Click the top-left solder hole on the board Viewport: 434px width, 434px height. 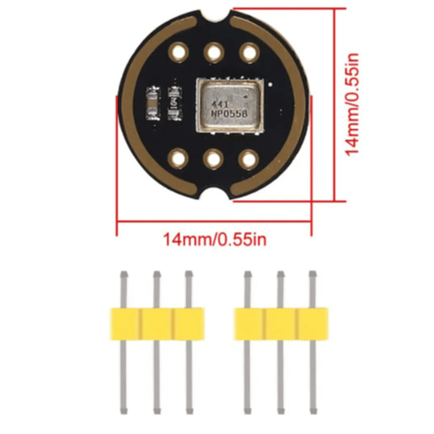(x=178, y=52)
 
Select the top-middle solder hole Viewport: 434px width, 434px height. (x=214, y=52)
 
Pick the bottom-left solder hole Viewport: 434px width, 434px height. (x=178, y=159)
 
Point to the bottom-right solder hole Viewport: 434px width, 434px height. (x=249, y=160)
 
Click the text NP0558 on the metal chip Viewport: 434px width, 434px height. (x=229, y=114)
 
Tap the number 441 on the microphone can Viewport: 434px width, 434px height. (x=220, y=105)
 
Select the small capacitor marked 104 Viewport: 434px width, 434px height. (x=175, y=103)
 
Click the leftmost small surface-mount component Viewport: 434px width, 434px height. (x=153, y=103)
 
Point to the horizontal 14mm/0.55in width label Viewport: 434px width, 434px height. (x=215, y=240)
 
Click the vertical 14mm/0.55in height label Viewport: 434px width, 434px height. (x=352, y=105)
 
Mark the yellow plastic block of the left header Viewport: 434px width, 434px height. (x=157, y=324)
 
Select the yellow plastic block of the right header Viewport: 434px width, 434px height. (x=281, y=324)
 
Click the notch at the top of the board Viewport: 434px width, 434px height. (x=216, y=15)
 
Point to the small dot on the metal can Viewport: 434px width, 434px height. (x=245, y=97)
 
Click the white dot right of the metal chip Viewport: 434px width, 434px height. (x=270, y=84)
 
